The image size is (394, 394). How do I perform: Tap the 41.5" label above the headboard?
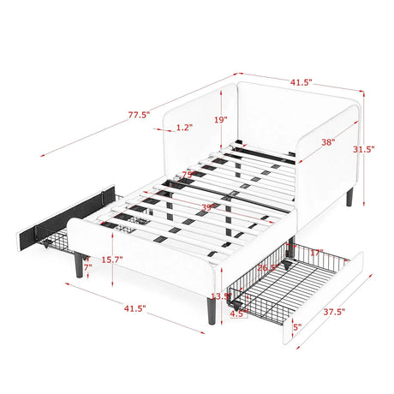point(300,83)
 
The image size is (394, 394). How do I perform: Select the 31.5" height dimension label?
point(363,148)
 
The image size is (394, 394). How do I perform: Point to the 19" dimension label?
point(221,120)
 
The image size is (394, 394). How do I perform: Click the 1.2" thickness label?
point(182,128)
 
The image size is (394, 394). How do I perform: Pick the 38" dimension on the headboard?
point(327,143)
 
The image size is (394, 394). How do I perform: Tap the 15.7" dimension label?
point(111,260)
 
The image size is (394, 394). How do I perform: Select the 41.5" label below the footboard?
point(134,307)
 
